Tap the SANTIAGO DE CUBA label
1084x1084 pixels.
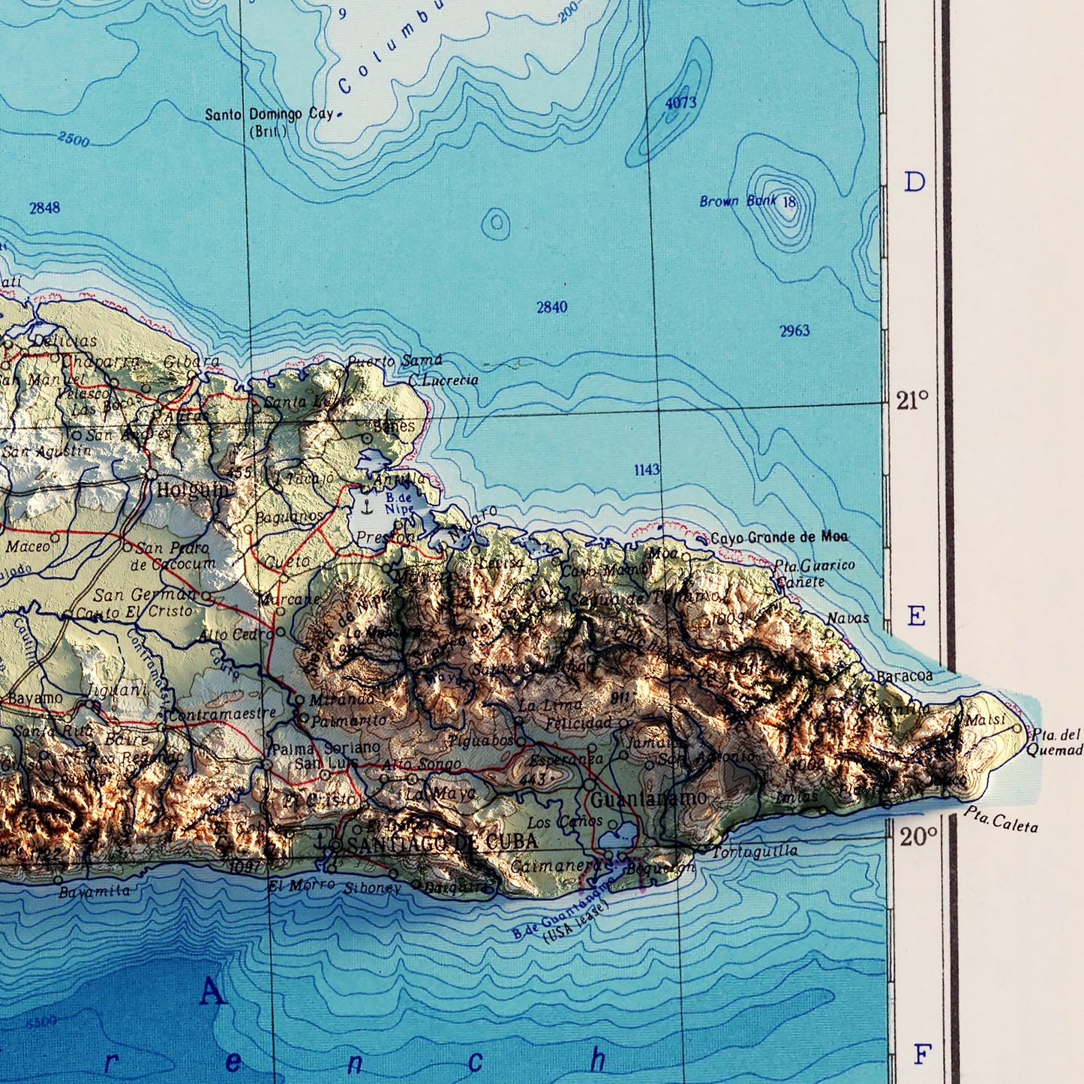pyautogui.click(x=443, y=842)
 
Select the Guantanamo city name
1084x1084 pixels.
pyautogui.click(x=648, y=799)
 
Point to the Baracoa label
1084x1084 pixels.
pyautogui.click(x=905, y=676)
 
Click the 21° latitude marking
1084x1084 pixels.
pyautogui.click(x=912, y=401)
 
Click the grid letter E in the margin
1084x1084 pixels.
pyautogui.click(x=916, y=617)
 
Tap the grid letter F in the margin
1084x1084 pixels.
pyautogui.click(x=922, y=1054)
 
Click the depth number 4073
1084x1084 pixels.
pyautogui.click(x=680, y=103)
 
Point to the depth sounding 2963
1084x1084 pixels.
pyautogui.click(x=794, y=330)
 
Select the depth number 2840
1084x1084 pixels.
pyautogui.click(x=551, y=307)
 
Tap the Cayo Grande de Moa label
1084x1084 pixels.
pyautogui.click(x=779, y=536)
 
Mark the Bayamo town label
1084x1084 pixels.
pyautogui.click(x=36, y=698)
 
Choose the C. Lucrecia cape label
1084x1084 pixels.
pyautogui.click(x=443, y=380)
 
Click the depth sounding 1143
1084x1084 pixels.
pyautogui.click(x=647, y=470)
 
